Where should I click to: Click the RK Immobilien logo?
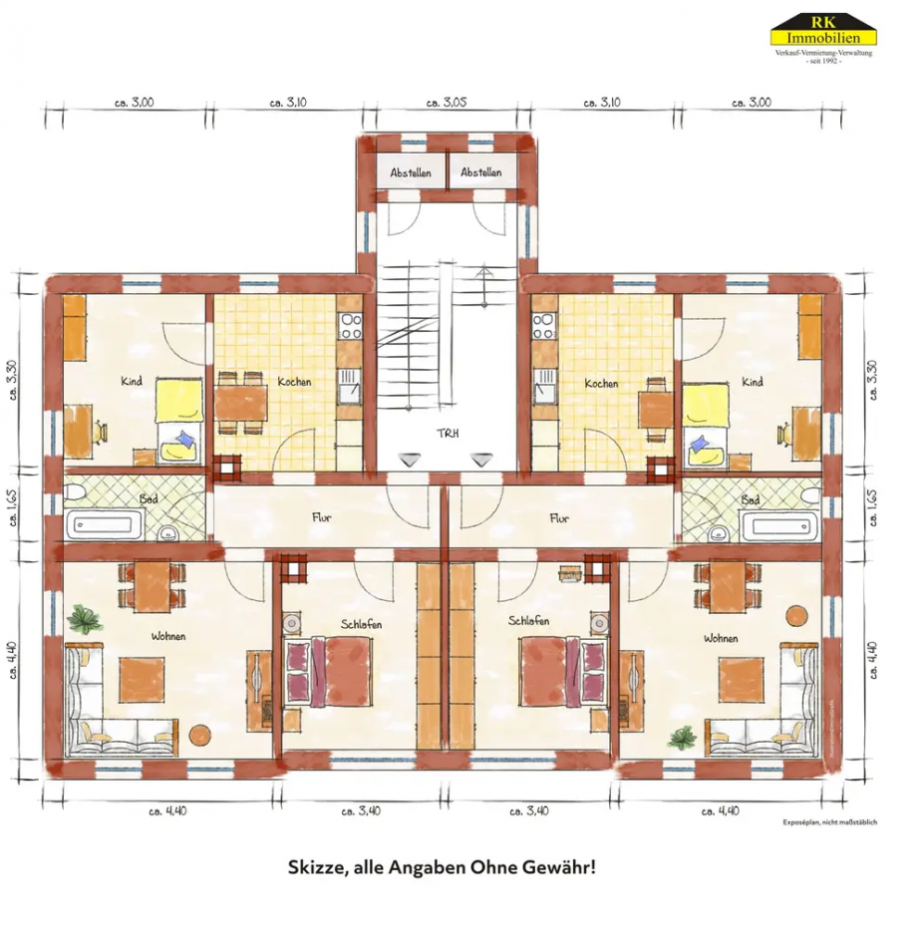(822, 38)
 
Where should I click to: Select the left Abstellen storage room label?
(411, 172)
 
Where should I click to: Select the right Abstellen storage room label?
(481, 172)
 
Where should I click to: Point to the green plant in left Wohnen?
(86, 619)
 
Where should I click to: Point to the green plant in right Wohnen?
(683, 738)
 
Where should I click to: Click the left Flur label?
(322, 518)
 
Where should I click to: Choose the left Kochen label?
(294, 382)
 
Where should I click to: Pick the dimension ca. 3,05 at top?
(447, 102)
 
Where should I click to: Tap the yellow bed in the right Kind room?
(707, 420)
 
